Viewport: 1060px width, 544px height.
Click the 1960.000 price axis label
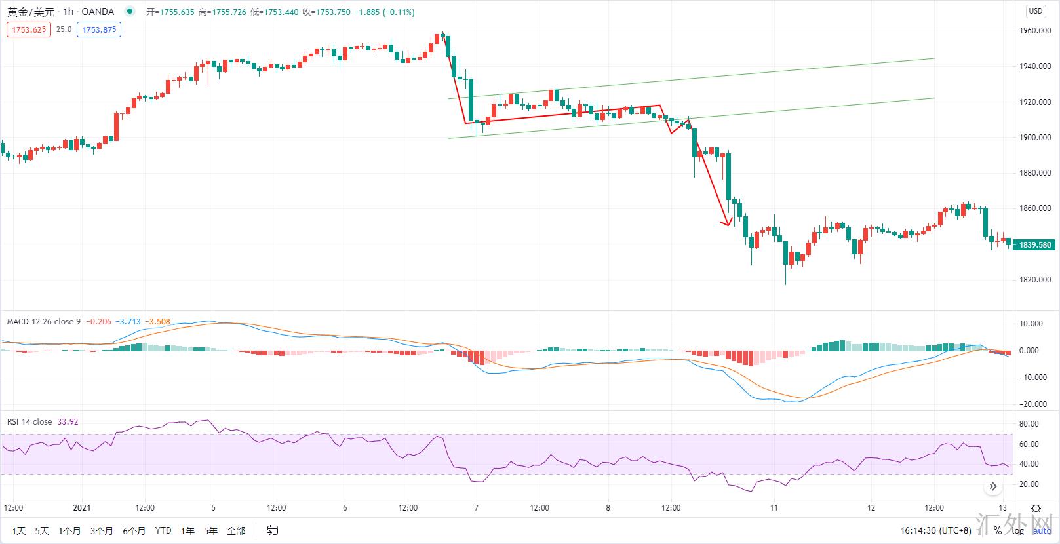(1036, 31)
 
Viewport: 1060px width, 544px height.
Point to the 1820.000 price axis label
(1036, 280)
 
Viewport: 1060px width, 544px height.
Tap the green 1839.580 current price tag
(1035, 245)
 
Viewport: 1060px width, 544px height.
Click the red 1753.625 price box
(29, 29)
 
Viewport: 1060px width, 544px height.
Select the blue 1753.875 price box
(99, 29)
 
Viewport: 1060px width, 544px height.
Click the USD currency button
(1036, 11)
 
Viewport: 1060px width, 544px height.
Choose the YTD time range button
(163, 530)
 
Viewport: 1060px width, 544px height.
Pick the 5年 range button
(210, 530)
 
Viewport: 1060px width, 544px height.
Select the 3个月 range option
(102, 530)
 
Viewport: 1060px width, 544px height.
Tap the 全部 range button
(236, 530)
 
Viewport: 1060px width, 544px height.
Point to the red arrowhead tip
(727, 225)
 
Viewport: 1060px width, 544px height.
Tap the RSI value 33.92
(68, 422)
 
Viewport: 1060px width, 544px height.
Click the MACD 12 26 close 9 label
(44, 322)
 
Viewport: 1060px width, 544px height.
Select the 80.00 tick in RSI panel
(1030, 424)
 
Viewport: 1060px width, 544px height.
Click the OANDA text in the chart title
(98, 12)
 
